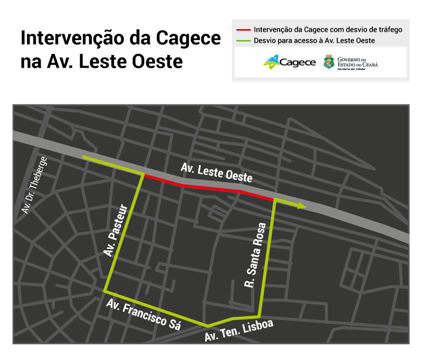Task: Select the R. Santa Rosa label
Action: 255,255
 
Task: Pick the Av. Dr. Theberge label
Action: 34,185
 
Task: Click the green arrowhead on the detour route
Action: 302,205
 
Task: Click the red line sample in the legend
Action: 243,30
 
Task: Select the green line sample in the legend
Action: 243,40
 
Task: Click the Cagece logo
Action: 290,62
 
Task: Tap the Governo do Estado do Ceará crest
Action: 328,62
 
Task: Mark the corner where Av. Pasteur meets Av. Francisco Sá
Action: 106,291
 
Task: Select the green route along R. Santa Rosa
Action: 267,259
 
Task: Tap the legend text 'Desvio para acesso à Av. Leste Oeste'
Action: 314,40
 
